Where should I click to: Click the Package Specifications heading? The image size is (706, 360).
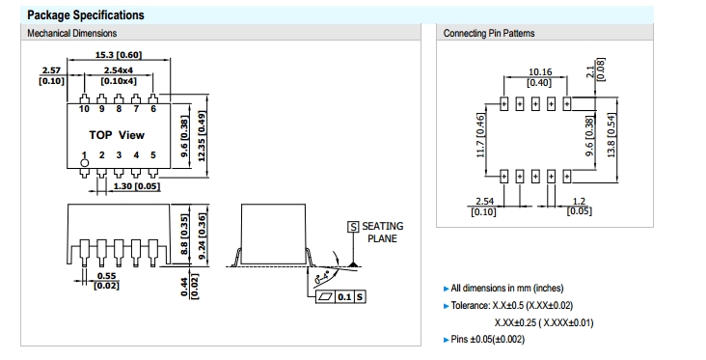(86, 15)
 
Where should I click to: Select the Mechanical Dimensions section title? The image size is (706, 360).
(72, 34)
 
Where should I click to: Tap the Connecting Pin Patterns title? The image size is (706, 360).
(489, 34)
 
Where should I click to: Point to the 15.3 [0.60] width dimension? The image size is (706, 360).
(119, 55)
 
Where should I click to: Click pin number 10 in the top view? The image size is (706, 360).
(84, 109)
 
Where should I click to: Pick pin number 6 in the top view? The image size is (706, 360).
(153, 109)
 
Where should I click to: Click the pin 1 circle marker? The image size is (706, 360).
(85, 163)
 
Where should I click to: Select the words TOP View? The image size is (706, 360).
(117, 135)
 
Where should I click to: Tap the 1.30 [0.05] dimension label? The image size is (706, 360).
(136, 186)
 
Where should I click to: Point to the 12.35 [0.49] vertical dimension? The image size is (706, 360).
(202, 136)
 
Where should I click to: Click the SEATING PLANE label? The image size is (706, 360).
(382, 233)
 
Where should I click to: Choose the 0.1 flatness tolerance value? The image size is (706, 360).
(344, 297)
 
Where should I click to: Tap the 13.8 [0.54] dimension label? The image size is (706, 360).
(611, 135)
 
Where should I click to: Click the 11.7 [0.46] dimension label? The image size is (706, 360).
(480, 135)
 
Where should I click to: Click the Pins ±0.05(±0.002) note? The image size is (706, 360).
(488, 340)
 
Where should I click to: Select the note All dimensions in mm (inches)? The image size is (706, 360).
(507, 288)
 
